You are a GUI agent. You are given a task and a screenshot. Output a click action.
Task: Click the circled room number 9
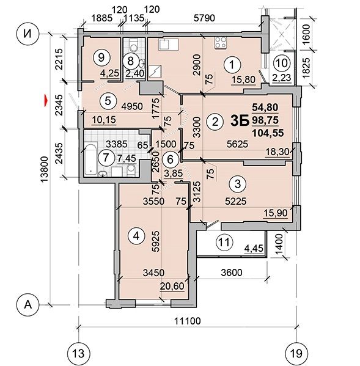pyautogui.click(x=101, y=57)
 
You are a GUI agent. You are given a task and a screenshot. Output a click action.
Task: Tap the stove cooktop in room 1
pyautogui.click(x=221, y=43)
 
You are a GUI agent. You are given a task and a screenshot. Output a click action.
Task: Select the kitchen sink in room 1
pyautogui.click(x=168, y=44)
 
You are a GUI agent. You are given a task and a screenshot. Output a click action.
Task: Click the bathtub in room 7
pyautogui.click(x=90, y=160)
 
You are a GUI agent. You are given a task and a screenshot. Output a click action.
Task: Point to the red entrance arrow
pyautogui.click(x=46, y=100)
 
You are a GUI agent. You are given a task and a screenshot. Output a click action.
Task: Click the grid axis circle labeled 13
pyautogui.click(x=78, y=354)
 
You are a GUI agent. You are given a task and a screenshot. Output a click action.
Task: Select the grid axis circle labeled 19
pyautogui.click(x=296, y=354)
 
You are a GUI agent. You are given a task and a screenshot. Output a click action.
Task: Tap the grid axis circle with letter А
pyautogui.click(x=28, y=305)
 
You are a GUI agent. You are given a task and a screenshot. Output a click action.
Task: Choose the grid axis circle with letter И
pyautogui.click(x=28, y=34)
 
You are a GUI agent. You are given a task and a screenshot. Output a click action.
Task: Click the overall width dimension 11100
pyautogui.click(x=188, y=321)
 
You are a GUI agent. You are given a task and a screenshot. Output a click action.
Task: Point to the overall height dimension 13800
pyautogui.click(x=45, y=169)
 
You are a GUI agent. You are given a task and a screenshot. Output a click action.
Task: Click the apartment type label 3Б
pyautogui.click(x=240, y=121)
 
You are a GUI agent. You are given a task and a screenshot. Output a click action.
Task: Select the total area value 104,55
pyautogui.click(x=268, y=133)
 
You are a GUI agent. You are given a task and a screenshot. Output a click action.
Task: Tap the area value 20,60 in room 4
pyautogui.click(x=172, y=286)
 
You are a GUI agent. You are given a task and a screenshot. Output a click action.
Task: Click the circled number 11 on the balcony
pyautogui.click(x=224, y=242)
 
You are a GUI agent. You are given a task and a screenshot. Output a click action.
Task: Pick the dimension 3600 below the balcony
pyautogui.click(x=232, y=273)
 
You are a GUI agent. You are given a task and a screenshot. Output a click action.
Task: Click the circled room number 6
pyautogui.click(x=170, y=159)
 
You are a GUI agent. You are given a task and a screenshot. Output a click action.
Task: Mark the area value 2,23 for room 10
pyautogui.click(x=282, y=78)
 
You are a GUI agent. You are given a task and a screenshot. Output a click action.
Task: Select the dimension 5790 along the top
pyautogui.click(x=204, y=18)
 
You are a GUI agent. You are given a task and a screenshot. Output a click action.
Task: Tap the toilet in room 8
pyautogui.click(x=133, y=45)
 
